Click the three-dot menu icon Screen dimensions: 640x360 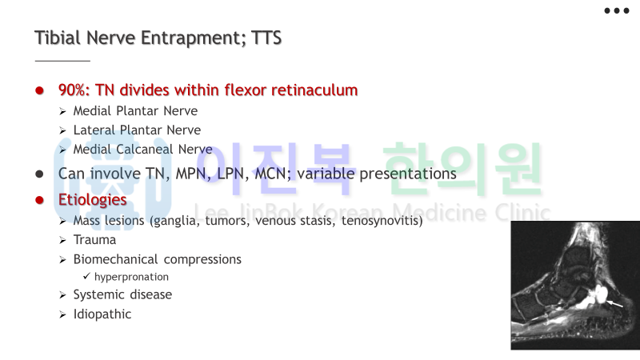pos(616,10)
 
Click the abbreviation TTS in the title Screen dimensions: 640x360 pos(266,38)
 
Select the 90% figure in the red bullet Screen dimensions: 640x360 pos(74,90)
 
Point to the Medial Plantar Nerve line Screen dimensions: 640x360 pos(135,111)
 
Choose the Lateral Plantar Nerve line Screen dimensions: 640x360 pos(137,130)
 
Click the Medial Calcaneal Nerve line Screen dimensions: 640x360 pos(143,150)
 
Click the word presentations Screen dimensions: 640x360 pos(408,174)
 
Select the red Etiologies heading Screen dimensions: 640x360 pos(93,199)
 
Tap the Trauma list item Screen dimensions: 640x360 pos(94,240)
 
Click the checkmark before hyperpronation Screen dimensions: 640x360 pos(86,276)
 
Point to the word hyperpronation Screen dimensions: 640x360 pos(131,277)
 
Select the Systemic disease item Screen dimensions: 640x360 pos(123,294)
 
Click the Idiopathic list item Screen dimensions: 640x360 pos(102,314)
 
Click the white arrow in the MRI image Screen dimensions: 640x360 pos(615,304)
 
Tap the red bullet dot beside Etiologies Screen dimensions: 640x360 pos(39,200)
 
